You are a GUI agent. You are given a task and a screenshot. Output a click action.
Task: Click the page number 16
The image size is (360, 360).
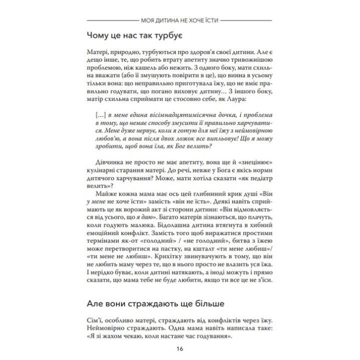coord(180,349)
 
